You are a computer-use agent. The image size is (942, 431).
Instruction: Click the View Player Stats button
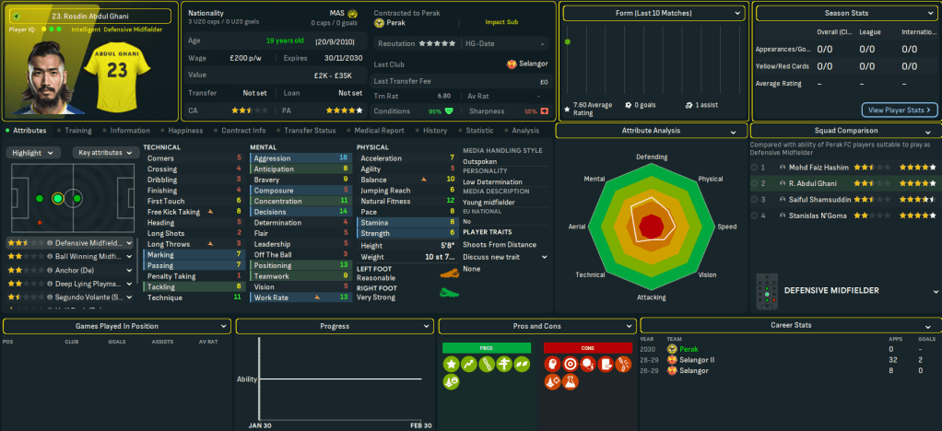pyautogui.click(x=900, y=110)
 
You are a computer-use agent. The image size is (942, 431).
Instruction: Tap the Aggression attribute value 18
pyautogui.click(x=344, y=158)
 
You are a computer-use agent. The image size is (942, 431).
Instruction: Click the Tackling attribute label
pyautogui.click(x=162, y=286)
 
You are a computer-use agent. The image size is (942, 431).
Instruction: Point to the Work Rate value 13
pyautogui.click(x=344, y=297)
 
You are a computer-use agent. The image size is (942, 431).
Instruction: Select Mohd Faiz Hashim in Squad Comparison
pyautogui.click(x=812, y=168)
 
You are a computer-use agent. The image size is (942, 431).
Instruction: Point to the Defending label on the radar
pyautogui.click(x=651, y=157)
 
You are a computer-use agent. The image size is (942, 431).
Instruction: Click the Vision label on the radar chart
pyautogui.click(x=707, y=274)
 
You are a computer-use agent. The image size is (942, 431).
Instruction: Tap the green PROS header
pyautogui.click(x=487, y=347)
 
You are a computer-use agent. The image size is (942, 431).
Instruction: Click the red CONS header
pyautogui.click(x=587, y=347)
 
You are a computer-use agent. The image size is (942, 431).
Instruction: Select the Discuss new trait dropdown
pyautogui.click(x=504, y=257)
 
